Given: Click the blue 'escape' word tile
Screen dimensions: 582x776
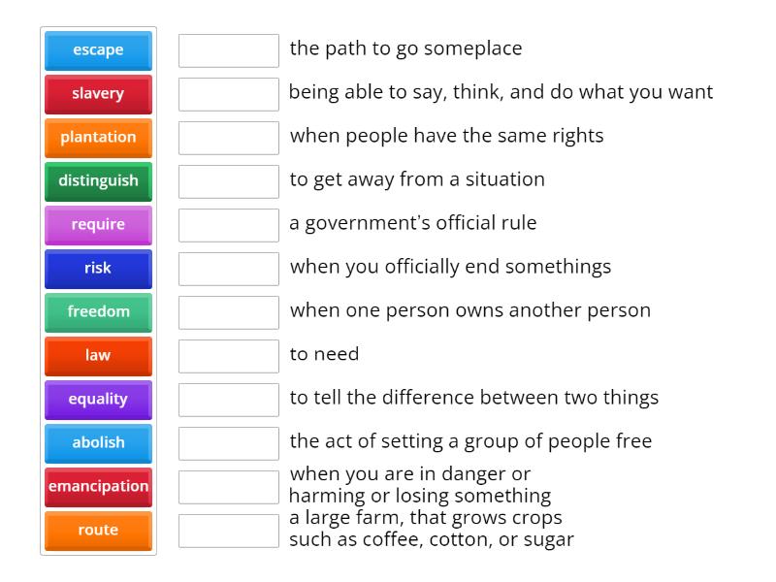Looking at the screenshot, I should pyautogui.click(x=98, y=50).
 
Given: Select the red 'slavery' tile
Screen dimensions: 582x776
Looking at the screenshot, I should pyautogui.click(x=98, y=94).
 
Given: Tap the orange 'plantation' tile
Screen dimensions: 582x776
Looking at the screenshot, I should pyautogui.click(x=98, y=138).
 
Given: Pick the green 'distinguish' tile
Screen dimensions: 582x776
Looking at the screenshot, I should pyautogui.click(x=98, y=181).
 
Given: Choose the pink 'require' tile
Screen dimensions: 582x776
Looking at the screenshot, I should pyautogui.click(x=98, y=225).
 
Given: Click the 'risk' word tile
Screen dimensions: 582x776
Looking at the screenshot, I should pyautogui.click(x=98, y=269).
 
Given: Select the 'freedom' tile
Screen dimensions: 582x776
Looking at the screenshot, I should pyautogui.click(x=98, y=312).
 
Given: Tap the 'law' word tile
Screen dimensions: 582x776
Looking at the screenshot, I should pyautogui.click(x=98, y=356).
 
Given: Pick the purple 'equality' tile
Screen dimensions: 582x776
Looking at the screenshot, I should pyautogui.click(x=98, y=400).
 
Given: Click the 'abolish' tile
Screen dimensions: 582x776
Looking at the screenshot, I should pyautogui.click(x=98, y=443).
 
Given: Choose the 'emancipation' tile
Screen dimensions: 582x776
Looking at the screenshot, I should pyautogui.click(x=98, y=487).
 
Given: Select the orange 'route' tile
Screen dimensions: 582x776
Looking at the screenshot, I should pyautogui.click(x=98, y=531).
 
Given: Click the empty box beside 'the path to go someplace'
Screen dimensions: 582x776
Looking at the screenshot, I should pyautogui.click(x=229, y=50).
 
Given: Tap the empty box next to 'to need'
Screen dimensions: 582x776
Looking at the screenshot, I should pyautogui.click(x=229, y=356).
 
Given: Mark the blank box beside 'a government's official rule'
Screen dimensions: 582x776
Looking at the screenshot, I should pyautogui.click(x=229, y=225).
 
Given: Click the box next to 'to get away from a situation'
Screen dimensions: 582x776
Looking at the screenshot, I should pyautogui.click(x=229, y=181).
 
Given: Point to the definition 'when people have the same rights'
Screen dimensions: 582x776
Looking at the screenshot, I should pyautogui.click(x=446, y=136).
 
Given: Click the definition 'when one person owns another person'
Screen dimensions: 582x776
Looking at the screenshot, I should pyautogui.click(x=469, y=310).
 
